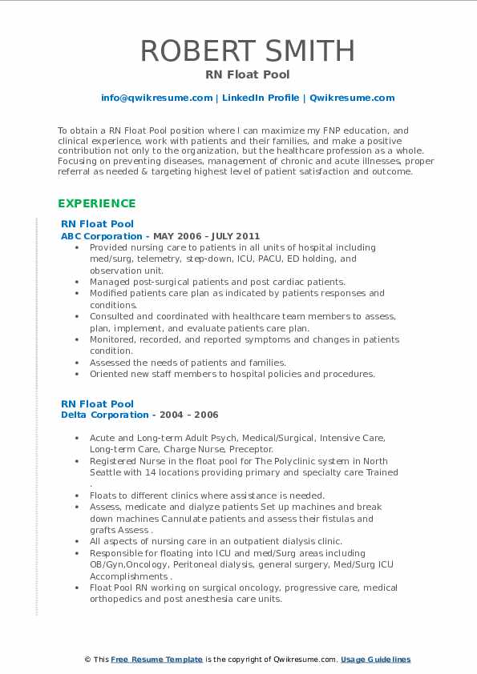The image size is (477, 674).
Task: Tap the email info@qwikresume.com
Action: pos(156,98)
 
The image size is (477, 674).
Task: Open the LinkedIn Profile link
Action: pos(261,98)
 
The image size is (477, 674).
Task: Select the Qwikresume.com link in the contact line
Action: pos(352,98)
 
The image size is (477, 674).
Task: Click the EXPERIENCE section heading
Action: pos(96,203)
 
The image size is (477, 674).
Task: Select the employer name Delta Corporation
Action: pos(104,415)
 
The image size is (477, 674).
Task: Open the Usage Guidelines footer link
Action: pos(375,660)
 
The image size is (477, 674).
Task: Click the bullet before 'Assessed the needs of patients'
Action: pos(76,363)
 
